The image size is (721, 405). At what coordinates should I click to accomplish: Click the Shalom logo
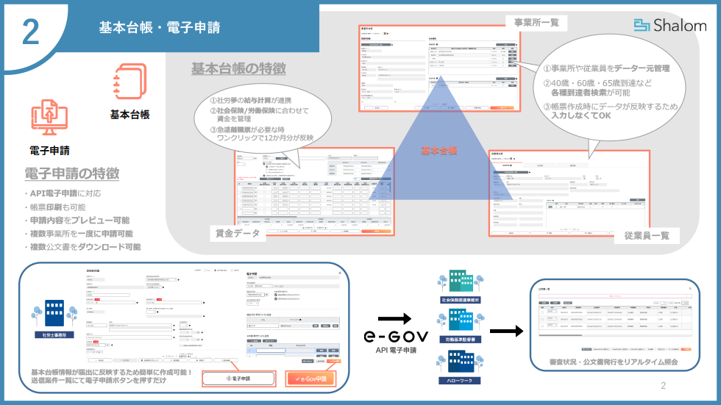click(x=669, y=26)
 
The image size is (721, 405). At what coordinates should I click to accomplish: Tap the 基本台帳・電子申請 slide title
click(x=160, y=28)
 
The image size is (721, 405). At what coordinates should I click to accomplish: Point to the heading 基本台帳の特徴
click(x=238, y=69)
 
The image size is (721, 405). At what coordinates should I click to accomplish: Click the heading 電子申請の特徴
click(x=71, y=174)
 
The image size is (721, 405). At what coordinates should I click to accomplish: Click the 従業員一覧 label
click(x=647, y=236)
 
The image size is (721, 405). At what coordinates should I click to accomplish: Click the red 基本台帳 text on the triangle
click(x=439, y=151)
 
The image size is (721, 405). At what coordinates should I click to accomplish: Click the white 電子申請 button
click(x=239, y=379)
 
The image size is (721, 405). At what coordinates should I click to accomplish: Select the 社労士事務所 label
click(x=55, y=334)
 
